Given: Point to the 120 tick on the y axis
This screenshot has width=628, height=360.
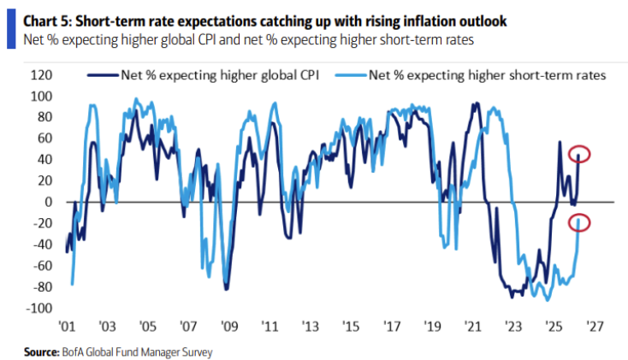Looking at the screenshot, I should pyautogui.click(x=41, y=74).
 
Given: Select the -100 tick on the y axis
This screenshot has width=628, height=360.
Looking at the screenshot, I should pyautogui.click(x=39, y=308).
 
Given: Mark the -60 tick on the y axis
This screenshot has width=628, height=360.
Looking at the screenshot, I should pyautogui.click(x=42, y=265).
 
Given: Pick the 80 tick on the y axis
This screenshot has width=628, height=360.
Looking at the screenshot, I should pyautogui.click(x=45, y=117).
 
